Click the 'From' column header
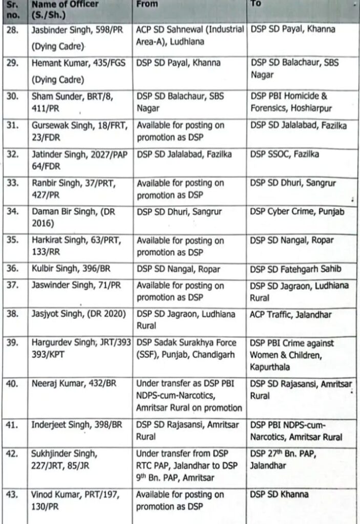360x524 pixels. (x=147, y=4)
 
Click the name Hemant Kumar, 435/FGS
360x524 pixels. (x=74, y=63)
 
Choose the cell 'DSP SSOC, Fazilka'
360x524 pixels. (x=285, y=154)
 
